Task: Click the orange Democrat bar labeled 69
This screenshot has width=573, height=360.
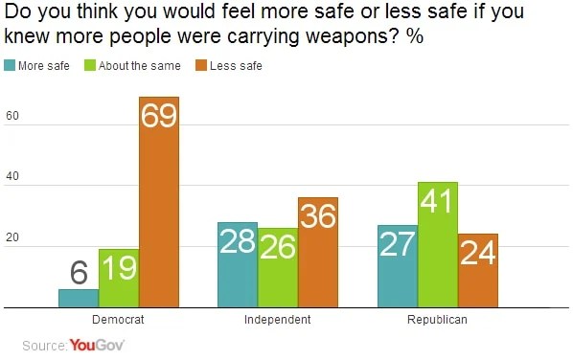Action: [x=159, y=201]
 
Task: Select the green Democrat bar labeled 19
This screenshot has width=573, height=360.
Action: [x=119, y=278]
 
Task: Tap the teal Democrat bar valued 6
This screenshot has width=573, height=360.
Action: [x=79, y=298]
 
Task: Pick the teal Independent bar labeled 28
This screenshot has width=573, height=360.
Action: [x=238, y=264]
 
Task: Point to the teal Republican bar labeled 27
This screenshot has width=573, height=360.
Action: [x=398, y=266]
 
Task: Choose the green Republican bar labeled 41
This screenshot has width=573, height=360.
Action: [x=438, y=244]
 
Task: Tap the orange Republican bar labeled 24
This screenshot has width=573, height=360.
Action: [x=478, y=270]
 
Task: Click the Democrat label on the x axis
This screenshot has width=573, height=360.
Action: [x=119, y=320]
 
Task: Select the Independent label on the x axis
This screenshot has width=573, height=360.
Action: [x=278, y=320]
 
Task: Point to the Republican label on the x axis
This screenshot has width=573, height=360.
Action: [x=438, y=320]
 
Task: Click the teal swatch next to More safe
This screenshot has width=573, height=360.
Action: [x=11, y=66]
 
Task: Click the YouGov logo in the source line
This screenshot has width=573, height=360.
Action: [x=97, y=345]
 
